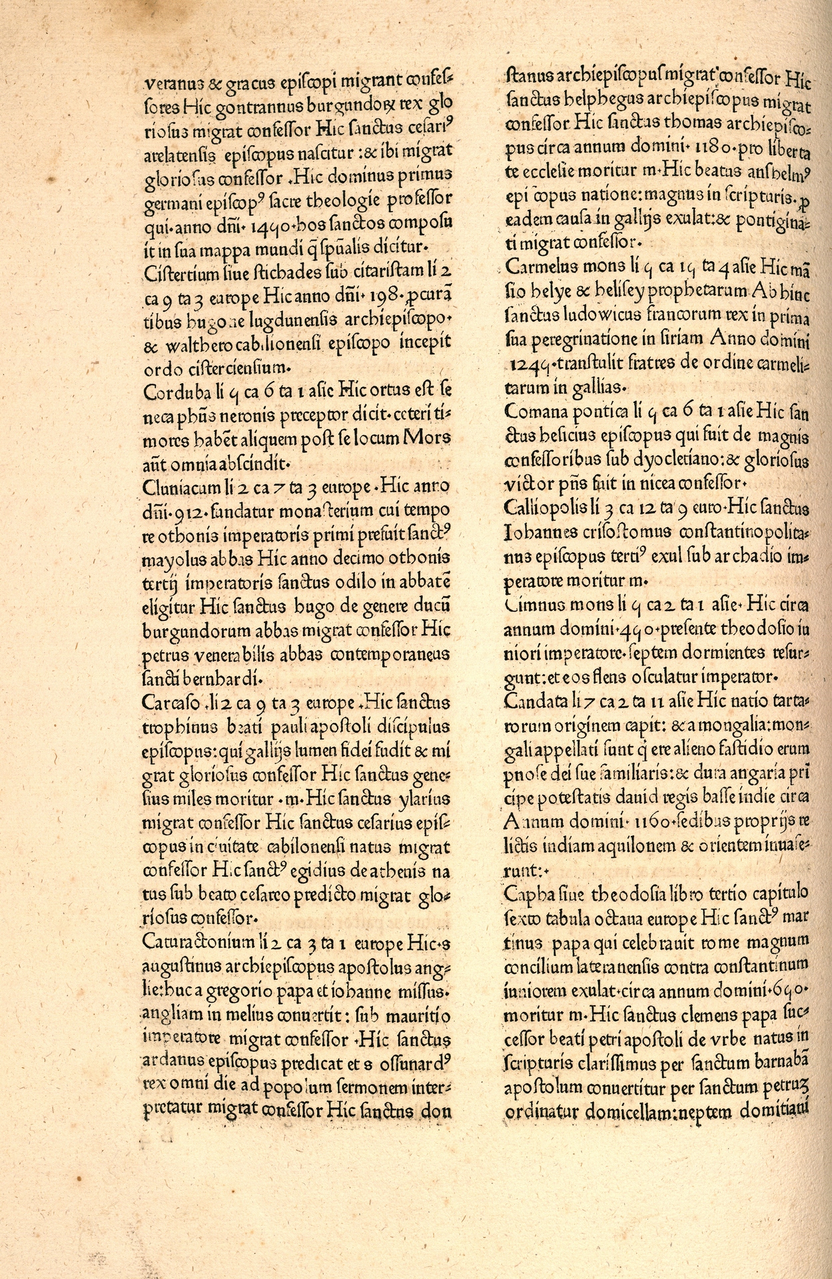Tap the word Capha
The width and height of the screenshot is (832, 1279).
524,892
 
